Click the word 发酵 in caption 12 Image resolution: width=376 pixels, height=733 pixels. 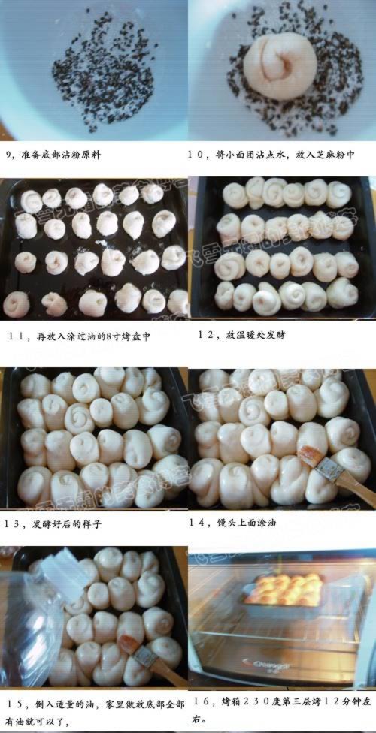(277, 335)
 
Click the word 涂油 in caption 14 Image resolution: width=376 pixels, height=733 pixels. (268, 523)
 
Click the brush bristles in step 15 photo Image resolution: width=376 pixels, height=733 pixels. (126, 644)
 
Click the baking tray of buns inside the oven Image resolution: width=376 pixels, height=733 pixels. (282, 591)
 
